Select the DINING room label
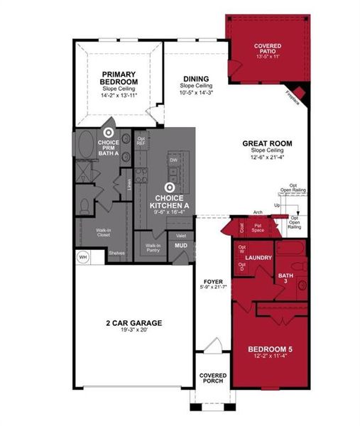(x=195, y=79)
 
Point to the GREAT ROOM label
(x=263, y=143)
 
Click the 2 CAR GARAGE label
(x=133, y=323)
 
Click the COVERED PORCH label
(x=212, y=378)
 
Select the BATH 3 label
(x=286, y=275)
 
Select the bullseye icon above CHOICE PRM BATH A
(x=109, y=133)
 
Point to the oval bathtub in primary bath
(x=87, y=148)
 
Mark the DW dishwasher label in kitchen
(x=173, y=160)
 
